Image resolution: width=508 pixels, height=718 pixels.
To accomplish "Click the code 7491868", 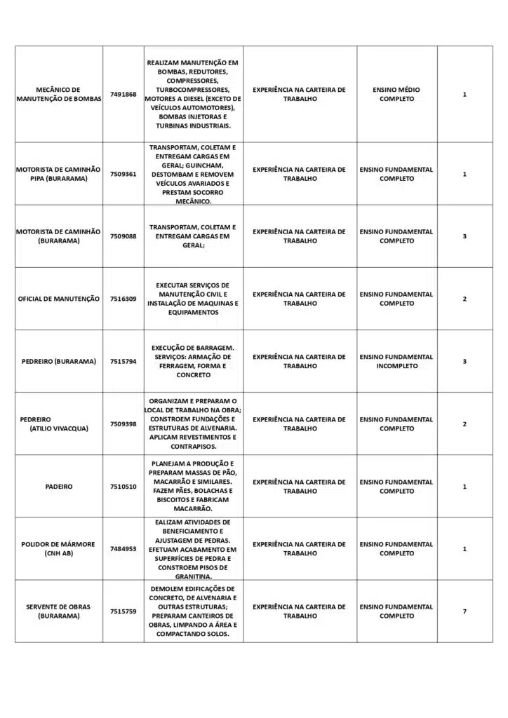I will [123, 95].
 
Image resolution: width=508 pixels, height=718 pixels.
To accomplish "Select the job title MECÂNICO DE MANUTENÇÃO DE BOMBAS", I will [59, 95].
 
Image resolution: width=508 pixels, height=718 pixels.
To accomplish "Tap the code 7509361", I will [123, 174].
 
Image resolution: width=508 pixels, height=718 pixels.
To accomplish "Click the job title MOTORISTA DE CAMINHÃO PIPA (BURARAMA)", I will [59, 174].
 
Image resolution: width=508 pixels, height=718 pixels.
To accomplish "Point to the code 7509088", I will [123, 236].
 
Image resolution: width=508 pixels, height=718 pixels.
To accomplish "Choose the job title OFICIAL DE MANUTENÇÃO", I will [59, 299].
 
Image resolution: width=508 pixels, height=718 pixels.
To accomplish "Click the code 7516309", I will [123, 299].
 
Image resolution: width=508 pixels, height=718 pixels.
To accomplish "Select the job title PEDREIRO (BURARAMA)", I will [59, 361].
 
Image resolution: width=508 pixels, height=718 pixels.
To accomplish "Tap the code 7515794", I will [123, 361].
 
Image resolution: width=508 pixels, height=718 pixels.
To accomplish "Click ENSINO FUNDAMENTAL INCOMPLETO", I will [396, 361].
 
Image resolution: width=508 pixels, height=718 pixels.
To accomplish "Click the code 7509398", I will [123, 424].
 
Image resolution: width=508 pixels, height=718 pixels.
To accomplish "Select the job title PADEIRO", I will [59, 487].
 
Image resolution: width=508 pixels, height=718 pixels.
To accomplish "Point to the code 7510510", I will [123, 487].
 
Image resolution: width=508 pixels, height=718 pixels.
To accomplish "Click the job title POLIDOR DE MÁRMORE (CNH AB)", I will [59, 549].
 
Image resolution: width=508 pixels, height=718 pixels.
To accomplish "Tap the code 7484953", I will [123, 549].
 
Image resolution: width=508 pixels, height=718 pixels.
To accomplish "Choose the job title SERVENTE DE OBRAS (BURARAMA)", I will [59, 611].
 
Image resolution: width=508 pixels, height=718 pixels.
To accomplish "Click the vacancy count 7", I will [464, 611].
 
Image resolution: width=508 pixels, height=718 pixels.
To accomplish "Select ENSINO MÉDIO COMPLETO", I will [396, 95].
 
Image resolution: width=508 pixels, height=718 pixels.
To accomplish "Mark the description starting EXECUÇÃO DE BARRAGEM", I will [194, 361].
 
